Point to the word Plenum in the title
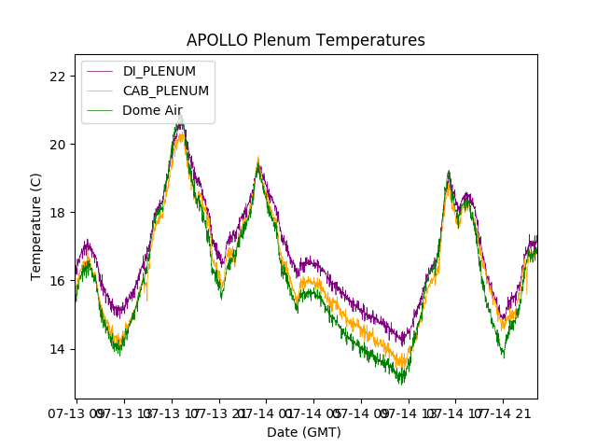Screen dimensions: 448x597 coord(283,40)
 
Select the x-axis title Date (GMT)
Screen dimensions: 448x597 coord(304,432)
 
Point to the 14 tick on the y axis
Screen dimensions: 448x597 coord(57,349)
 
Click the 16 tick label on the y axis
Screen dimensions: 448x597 coord(57,281)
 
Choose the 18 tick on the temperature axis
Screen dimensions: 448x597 coord(57,213)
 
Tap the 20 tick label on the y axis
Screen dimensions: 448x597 coord(57,145)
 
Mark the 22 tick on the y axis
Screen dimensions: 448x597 coord(57,77)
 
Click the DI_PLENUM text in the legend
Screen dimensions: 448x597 coord(160,72)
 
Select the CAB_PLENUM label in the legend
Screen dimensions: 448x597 coord(166,91)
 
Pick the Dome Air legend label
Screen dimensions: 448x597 coord(152,110)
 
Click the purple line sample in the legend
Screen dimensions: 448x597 coord(100,72)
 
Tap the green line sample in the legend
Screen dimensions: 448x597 coord(100,110)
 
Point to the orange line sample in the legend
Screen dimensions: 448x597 coord(100,91)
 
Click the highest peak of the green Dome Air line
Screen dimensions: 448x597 coord(180,117)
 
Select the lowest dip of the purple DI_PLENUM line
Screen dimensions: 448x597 coord(403,344)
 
